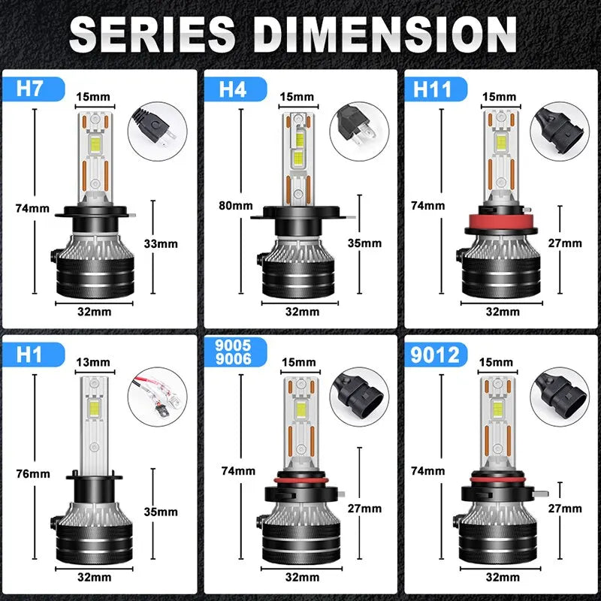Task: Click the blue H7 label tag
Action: (31, 88)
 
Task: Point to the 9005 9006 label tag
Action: (230, 353)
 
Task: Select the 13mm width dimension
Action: (93, 362)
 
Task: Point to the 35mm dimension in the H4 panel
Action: (364, 243)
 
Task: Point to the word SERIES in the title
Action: (154, 33)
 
